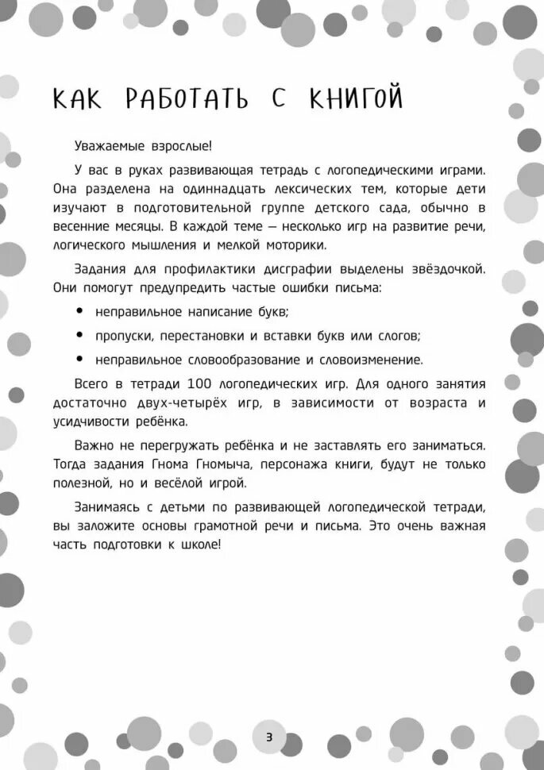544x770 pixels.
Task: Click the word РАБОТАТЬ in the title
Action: tap(186, 99)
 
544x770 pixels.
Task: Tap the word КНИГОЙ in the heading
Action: tap(356, 99)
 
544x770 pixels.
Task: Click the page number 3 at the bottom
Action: tap(269, 737)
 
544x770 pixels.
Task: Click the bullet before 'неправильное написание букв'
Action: tap(79, 311)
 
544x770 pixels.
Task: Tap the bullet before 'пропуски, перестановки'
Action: tap(79, 335)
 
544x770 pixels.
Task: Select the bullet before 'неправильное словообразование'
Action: tap(79, 360)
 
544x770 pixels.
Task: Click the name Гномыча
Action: tap(227, 464)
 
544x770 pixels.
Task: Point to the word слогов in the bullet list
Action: tap(399, 335)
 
